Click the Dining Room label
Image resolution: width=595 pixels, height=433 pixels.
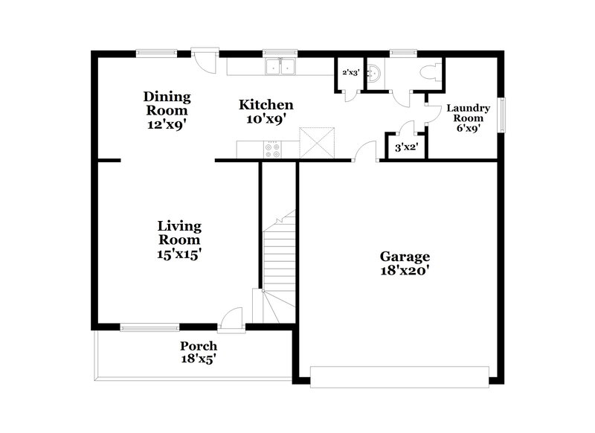(x=167, y=97)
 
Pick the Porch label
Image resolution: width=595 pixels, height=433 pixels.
(x=199, y=346)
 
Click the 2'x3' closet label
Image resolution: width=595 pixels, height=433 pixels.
(x=350, y=73)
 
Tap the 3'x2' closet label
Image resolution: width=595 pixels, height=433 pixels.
(x=404, y=147)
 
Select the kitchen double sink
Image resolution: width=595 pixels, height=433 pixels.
(x=280, y=68)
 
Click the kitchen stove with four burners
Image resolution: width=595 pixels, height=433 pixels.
(x=272, y=150)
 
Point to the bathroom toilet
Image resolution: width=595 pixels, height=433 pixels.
(x=429, y=71)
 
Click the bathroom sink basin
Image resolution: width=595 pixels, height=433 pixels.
(x=377, y=72)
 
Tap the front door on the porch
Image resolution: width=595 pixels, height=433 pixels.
(x=233, y=318)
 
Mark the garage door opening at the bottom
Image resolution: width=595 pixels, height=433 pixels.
(x=400, y=376)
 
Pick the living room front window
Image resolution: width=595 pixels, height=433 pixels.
(x=149, y=326)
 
